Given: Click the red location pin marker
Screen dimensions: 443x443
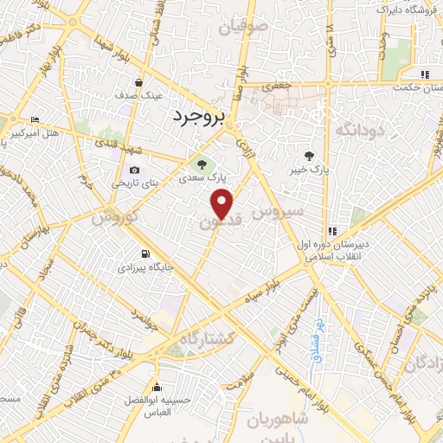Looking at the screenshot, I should click(222, 204).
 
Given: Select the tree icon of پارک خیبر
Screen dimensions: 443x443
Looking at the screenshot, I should click(310, 157).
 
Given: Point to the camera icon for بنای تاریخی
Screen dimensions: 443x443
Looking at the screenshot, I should click(133, 170).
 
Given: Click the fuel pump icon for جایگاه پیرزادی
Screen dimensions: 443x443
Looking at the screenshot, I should click(144, 254).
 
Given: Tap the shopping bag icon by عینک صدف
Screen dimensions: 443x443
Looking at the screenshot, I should click(138, 82).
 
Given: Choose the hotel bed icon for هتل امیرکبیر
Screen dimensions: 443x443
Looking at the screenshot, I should click(35, 119).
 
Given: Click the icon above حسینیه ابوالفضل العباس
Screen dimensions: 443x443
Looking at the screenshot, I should click(157, 387).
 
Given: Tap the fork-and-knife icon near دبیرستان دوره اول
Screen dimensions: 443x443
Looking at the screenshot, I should click(331, 231).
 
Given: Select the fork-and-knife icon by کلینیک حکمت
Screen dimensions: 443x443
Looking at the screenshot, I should click(424, 74).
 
